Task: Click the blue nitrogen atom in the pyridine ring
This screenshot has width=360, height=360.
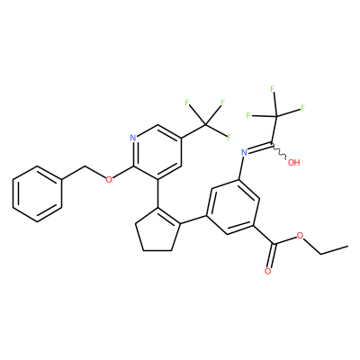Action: (x=133, y=139)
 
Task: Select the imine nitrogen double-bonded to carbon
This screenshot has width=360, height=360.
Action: (x=245, y=153)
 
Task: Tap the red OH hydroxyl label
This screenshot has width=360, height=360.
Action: (x=293, y=163)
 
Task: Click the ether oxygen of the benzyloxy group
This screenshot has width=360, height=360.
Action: (x=109, y=180)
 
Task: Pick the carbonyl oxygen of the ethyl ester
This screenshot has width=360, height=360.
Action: (x=268, y=272)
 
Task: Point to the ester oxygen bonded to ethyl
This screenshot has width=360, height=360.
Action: (x=300, y=236)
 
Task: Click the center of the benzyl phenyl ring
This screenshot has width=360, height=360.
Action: (x=37, y=193)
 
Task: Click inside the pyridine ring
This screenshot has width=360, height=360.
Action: (x=157, y=152)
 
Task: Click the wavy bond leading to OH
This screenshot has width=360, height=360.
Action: (x=280, y=151)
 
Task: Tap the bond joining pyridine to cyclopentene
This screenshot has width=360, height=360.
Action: (x=157, y=193)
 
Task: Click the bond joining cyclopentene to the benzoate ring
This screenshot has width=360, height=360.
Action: (x=193, y=220)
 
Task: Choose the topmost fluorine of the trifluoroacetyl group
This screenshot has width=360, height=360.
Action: (x=273, y=89)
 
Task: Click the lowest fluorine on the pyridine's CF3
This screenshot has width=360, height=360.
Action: (x=229, y=138)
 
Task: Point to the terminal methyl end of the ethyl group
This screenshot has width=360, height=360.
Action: (x=347, y=247)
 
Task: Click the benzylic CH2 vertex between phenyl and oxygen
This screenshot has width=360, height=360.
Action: (x=85, y=166)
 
